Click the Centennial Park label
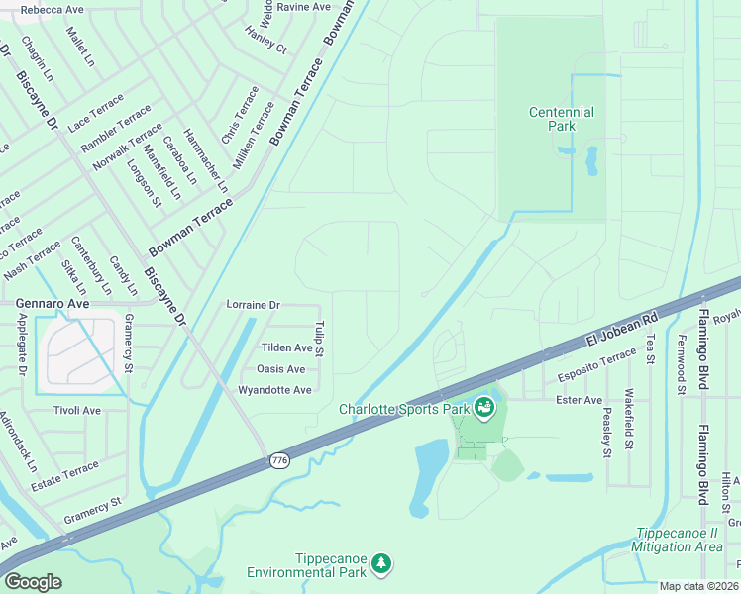[x=561, y=120]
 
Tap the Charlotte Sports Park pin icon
[x=483, y=407]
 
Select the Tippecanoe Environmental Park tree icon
[x=381, y=564]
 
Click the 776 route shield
[x=278, y=460]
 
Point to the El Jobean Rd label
[x=621, y=329]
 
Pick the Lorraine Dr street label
[x=254, y=305]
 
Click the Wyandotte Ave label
[x=274, y=390]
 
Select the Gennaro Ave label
[x=52, y=302]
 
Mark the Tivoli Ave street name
[x=77, y=410]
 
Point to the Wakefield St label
[x=630, y=421]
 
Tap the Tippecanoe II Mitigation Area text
[x=680, y=539]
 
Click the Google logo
[x=33, y=581]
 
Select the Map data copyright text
[x=698, y=586]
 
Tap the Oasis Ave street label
[x=280, y=368]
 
